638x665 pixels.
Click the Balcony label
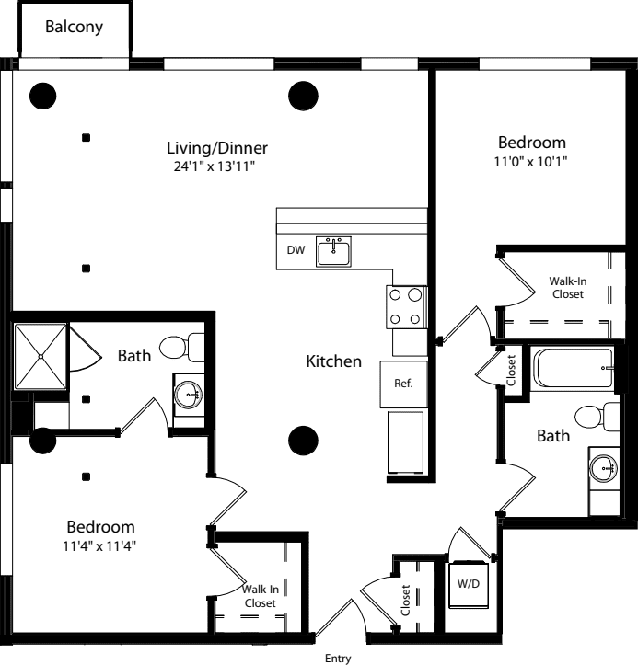pyautogui.click(x=75, y=28)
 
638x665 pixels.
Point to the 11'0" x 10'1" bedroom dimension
pyautogui.click(x=532, y=161)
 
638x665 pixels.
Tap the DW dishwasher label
pyautogui.click(x=296, y=250)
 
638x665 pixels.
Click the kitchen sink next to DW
pyautogui.click(x=333, y=251)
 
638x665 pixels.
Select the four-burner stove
pyautogui.click(x=407, y=307)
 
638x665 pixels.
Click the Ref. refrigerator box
pyautogui.click(x=403, y=384)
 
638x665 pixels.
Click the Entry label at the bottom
pyautogui.click(x=340, y=658)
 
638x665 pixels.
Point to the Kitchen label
pyautogui.click(x=333, y=361)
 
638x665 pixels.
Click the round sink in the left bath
pyautogui.click(x=190, y=396)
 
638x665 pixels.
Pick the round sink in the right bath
pyautogui.click(x=606, y=468)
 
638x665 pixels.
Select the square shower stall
pyautogui.click(x=40, y=356)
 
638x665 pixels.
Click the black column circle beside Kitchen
pyautogui.click(x=302, y=441)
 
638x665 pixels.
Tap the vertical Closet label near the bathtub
pyautogui.click(x=512, y=371)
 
